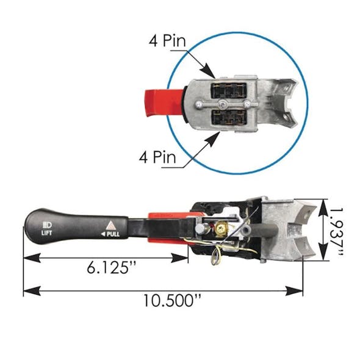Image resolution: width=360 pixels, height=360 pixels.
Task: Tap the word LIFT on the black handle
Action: tap(47, 233)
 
